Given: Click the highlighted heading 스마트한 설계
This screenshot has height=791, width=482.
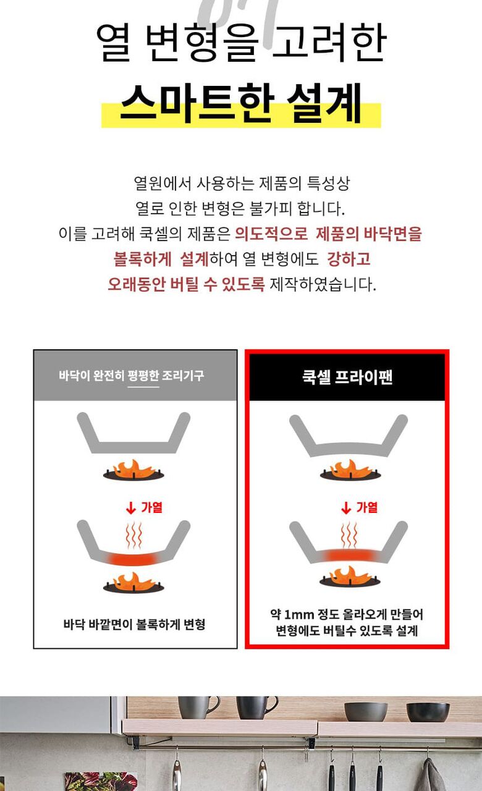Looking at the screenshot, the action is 241,103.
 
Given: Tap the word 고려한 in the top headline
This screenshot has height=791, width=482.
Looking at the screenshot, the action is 329,43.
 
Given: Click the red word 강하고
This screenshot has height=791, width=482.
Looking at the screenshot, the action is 349,259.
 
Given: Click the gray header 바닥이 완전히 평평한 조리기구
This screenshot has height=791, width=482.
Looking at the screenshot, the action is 132,375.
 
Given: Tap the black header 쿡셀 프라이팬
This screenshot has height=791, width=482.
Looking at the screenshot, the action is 347,377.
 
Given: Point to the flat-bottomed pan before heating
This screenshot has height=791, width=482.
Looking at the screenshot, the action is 133,433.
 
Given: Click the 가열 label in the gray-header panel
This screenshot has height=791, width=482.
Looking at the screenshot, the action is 151,507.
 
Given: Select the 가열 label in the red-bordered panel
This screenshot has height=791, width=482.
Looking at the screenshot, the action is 366,507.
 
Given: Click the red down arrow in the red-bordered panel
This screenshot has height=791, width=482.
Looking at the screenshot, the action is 346,508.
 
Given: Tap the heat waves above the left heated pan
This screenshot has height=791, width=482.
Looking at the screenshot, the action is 134,535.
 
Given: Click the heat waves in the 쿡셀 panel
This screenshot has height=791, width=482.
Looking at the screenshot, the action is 349,535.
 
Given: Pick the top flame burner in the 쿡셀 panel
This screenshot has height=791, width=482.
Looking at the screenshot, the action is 350,470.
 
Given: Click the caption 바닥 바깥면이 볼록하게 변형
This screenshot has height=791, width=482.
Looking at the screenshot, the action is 134,624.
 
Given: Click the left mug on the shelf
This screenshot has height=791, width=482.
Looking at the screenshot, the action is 198,708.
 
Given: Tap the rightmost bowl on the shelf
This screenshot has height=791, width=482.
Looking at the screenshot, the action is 428,712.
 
